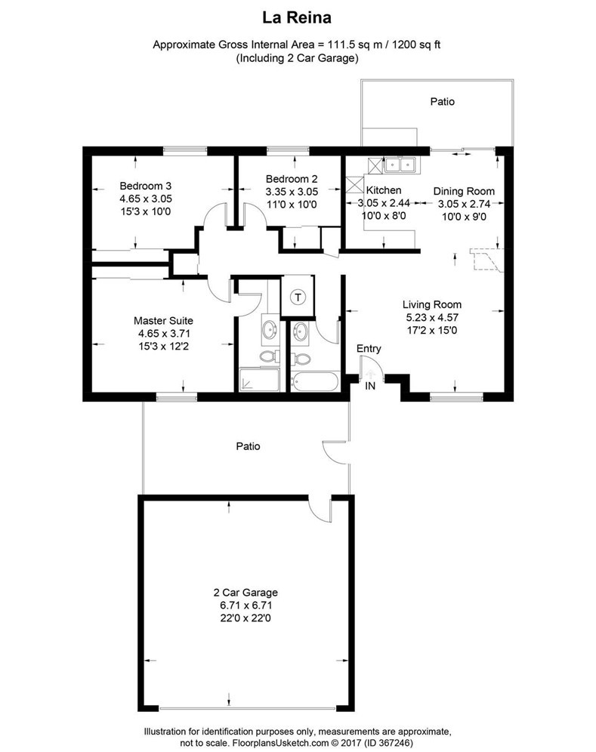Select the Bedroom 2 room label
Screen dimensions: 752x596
tap(291, 179)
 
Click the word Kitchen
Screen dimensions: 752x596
tap(384, 190)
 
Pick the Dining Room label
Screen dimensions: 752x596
tap(464, 191)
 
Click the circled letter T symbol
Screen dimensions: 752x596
tap(298, 297)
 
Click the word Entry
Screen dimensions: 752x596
tap(369, 349)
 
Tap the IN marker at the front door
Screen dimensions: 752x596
tap(370, 387)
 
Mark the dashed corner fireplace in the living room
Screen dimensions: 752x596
tap(484, 258)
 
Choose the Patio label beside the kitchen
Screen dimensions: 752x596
tap(443, 100)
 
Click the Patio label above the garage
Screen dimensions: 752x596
tap(247, 446)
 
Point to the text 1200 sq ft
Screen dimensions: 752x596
tap(411, 44)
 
